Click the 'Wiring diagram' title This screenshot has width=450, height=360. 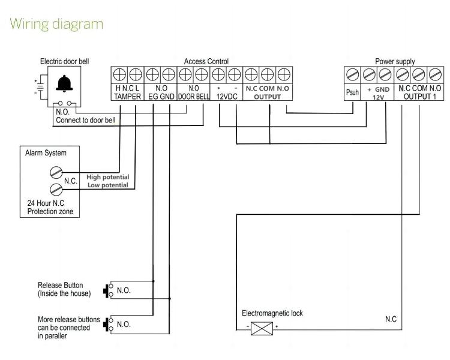tap(57, 24)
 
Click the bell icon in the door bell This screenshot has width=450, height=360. tap(62, 85)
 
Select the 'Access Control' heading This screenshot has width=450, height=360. tap(206, 61)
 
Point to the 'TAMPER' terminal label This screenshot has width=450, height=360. tap(127, 97)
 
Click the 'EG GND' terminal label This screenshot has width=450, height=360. tap(161, 97)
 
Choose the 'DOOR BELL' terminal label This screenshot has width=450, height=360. tap(194, 97)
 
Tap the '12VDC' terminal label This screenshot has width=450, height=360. tap(227, 97)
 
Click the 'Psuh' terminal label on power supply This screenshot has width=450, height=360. tap(352, 92)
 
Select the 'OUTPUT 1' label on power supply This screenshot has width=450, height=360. tap(420, 97)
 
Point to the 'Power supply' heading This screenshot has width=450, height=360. tap(394, 61)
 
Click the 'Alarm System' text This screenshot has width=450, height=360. tap(46, 153)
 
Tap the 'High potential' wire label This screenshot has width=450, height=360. tap(107, 177)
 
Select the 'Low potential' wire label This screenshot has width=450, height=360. tap(107, 185)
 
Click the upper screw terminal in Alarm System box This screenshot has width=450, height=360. tap(56, 173)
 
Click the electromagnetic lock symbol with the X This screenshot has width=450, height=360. tap(262, 328)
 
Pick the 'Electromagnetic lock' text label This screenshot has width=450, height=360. tap(272, 313)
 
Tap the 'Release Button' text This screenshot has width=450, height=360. tap(60, 285)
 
